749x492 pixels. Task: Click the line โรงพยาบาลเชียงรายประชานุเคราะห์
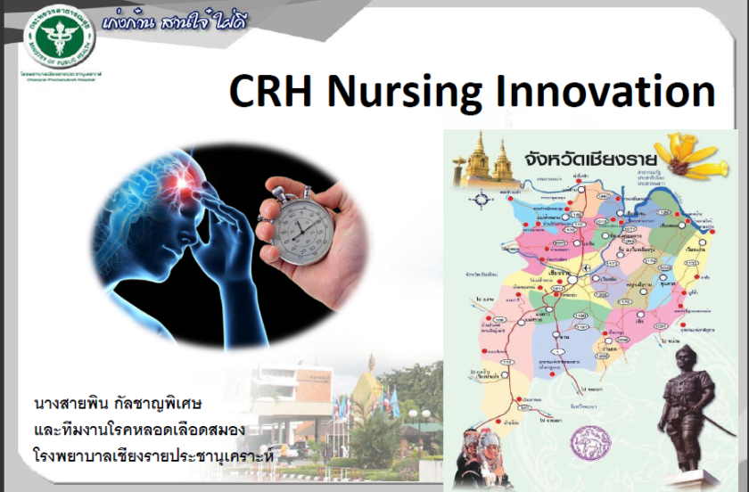point(152,457)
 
